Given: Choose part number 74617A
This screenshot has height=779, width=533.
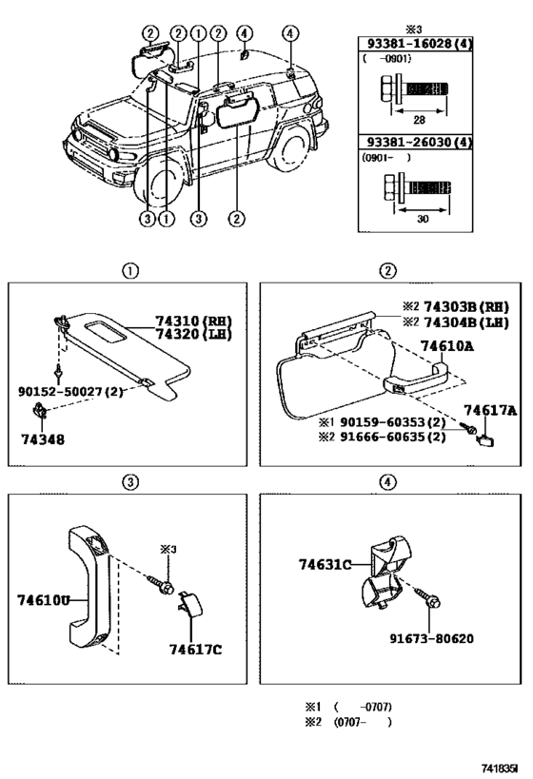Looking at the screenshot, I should pos(490,410).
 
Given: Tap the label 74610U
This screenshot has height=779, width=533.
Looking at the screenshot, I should pos(44,600).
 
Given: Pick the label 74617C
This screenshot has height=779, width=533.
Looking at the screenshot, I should pos(195,650).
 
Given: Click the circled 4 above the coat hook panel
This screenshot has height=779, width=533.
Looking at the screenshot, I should pos(387,482).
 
